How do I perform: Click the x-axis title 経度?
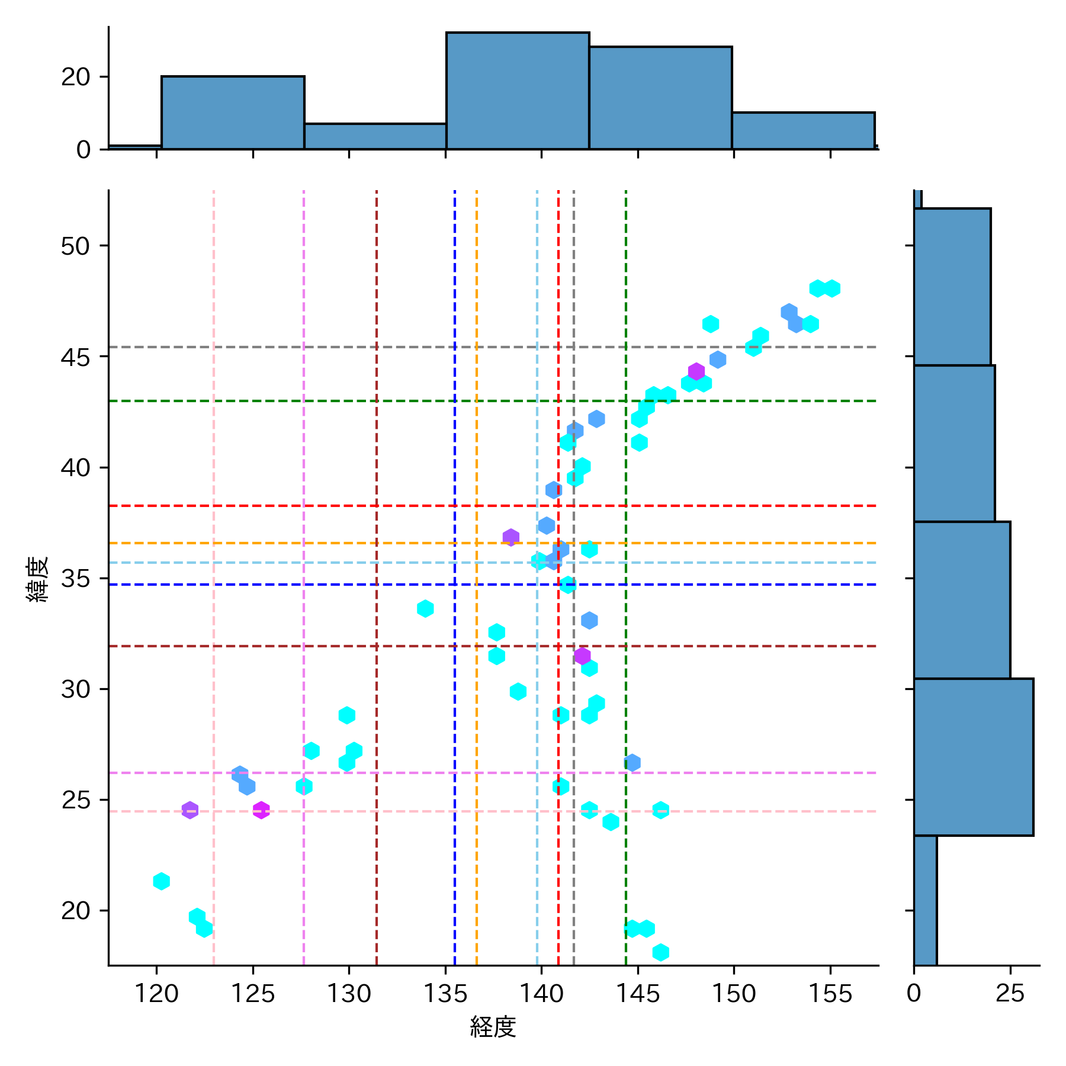[x=493, y=1026]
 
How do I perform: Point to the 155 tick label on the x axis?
[x=830, y=993]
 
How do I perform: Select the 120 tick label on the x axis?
[x=156, y=993]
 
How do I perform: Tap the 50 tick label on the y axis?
[x=75, y=246]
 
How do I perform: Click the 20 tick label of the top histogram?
[x=75, y=77]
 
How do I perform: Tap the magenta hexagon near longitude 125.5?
[x=261, y=810]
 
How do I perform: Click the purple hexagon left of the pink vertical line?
[x=190, y=810]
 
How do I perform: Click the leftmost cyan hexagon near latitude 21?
[x=161, y=881]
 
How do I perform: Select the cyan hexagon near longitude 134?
[x=425, y=608]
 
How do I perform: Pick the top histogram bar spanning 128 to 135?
[x=375, y=136]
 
